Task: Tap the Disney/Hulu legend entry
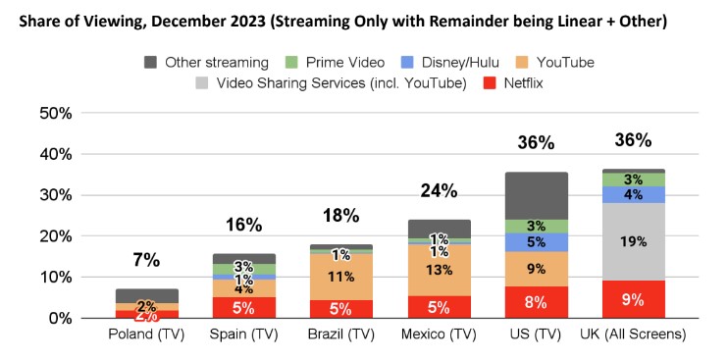tap(441, 62)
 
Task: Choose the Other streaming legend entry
tap(200, 62)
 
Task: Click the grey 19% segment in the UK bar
tap(634, 241)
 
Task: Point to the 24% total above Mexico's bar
tap(438, 188)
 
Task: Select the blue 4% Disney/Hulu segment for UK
tap(634, 194)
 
